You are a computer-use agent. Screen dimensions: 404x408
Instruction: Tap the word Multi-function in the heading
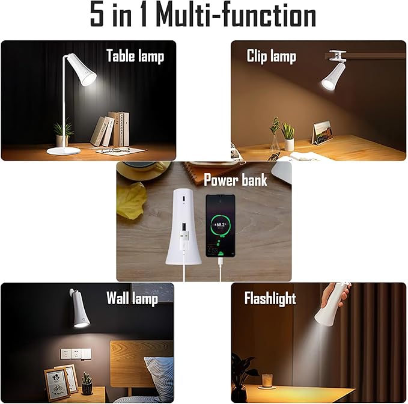[x=236, y=16]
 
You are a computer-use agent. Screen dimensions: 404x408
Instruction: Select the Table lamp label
[x=135, y=56]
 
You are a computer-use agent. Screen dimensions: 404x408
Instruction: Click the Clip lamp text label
[x=272, y=56]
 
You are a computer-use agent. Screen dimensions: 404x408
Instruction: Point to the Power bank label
[x=236, y=180]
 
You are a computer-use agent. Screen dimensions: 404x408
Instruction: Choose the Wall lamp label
[x=132, y=298]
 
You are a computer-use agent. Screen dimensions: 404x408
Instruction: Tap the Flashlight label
[x=270, y=298]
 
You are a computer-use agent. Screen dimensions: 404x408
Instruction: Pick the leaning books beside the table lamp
[x=111, y=129]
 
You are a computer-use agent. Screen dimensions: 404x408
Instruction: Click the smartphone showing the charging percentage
[x=220, y=225]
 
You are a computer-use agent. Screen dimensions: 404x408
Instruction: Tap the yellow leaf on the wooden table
[x=132, y=200]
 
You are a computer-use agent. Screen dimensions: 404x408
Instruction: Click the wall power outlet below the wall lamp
[x=75, y=353]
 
